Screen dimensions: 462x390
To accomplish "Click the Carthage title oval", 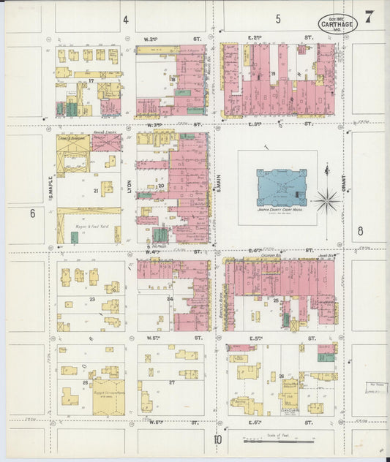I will coord(337,23).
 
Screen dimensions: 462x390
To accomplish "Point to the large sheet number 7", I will coord(371,15).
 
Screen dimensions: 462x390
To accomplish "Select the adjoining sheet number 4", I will coord(125,19).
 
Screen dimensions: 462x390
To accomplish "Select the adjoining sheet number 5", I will coord(278,19).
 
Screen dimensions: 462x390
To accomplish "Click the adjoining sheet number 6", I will coord(32,213).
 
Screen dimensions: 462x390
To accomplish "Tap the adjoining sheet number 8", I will coord(359,231).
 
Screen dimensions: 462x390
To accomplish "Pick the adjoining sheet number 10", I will coord(217,439).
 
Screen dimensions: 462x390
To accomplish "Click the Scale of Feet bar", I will coord(278,441).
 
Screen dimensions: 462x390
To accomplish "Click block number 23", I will coord(92,298).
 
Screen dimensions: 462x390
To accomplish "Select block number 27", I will coord(173,382).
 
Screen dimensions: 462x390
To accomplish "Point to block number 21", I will coord(95,191).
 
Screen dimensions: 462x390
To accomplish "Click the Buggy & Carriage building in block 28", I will coord(108,395).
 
